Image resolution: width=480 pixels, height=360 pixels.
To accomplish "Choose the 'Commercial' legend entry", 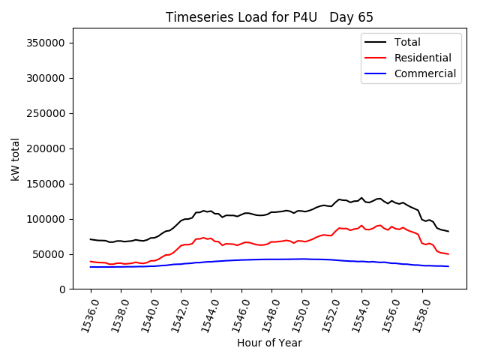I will click(x=424, y=73).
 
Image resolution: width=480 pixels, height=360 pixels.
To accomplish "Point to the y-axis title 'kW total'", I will click(x=16, y=158).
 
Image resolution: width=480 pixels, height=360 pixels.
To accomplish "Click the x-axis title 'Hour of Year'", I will click(x=269, y=343).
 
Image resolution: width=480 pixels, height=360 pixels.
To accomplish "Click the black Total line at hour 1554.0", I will click(x=361, y=198).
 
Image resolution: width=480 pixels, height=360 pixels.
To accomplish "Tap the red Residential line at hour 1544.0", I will click(x=211, y=238).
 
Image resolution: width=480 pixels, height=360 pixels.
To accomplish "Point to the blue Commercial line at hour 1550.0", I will click(x=301, y=259).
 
